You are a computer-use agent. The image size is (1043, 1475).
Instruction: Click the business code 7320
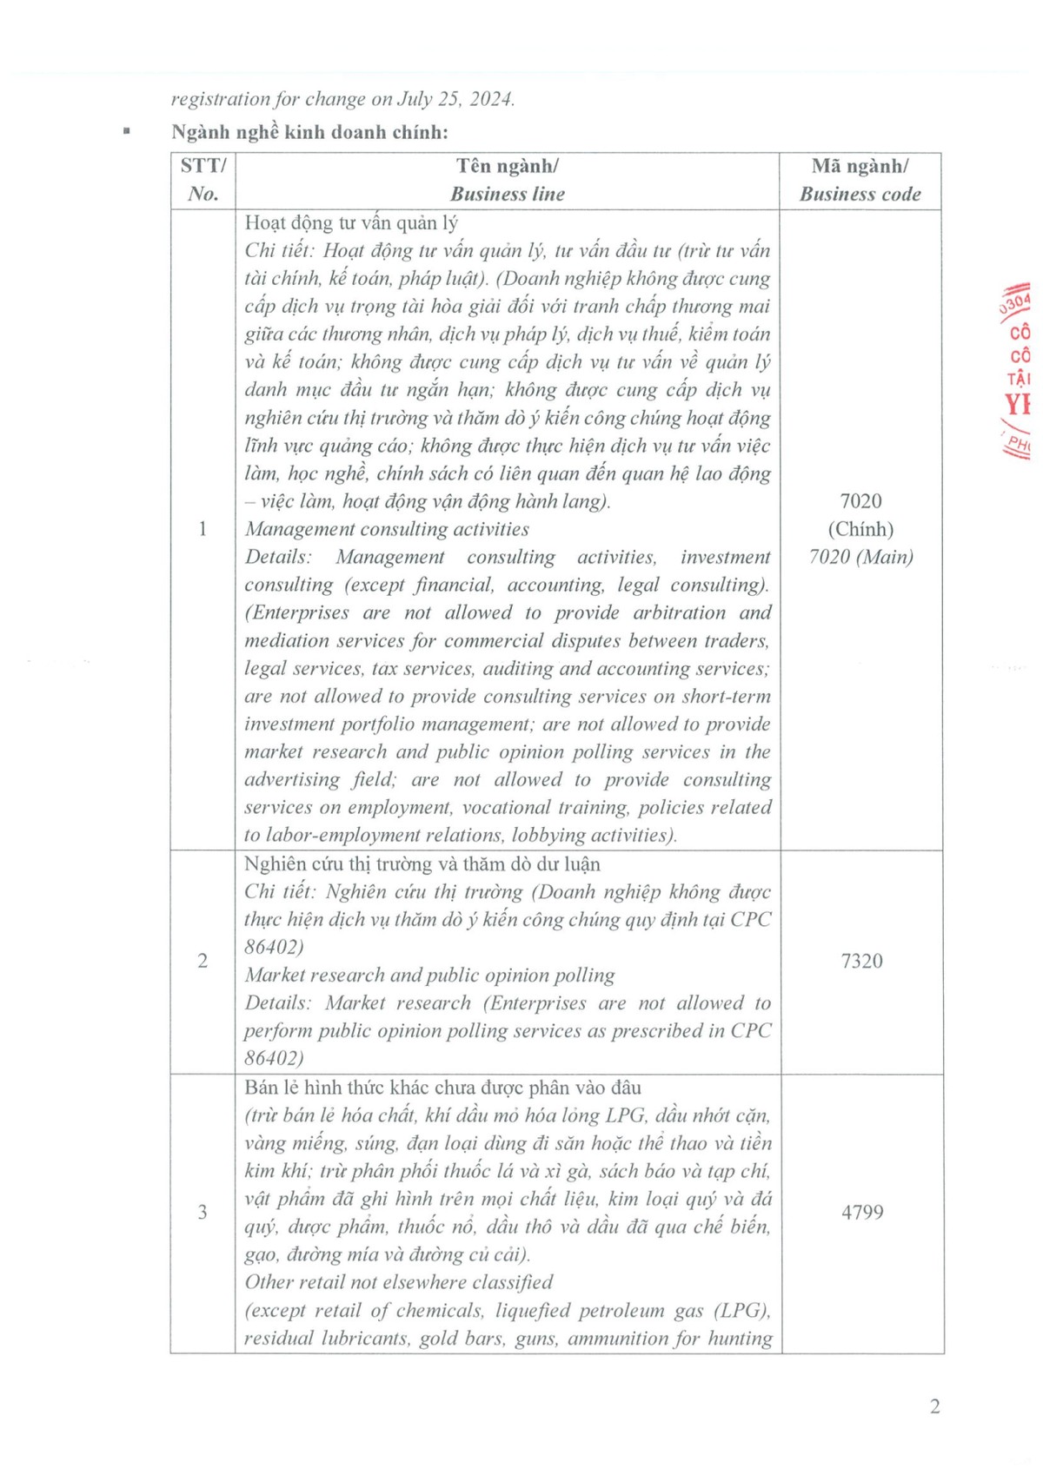(861, 961)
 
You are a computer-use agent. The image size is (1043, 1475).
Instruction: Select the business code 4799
(861, 1212)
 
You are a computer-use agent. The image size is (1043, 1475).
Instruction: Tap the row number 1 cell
(203, 528)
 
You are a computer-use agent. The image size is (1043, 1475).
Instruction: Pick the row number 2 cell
(203, 961)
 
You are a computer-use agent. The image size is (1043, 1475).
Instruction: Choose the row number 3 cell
(203, 1212)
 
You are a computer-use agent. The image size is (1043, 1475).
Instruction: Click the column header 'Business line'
(508, 194)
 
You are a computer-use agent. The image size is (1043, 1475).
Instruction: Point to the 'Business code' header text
(860, 194)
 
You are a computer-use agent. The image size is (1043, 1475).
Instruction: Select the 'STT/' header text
(203, 166)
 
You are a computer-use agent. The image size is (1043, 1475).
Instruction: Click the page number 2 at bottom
(934, 1406)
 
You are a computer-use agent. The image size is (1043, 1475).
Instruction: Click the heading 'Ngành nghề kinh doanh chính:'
(310, 132)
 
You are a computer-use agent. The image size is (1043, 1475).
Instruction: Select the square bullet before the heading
(128, 131)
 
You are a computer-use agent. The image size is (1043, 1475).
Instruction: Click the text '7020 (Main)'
(860, 557)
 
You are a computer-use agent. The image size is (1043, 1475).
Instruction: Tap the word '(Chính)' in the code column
(860, 529)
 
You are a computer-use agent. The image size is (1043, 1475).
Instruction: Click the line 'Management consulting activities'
(387, 529)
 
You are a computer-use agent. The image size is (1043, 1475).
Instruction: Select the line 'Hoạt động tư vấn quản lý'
(351, 222)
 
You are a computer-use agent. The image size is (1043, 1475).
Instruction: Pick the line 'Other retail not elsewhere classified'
(399, 1282)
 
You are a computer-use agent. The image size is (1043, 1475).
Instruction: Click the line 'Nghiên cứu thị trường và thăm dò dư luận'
(422, 863)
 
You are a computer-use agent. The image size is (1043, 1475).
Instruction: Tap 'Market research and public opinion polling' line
(429, 975)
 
